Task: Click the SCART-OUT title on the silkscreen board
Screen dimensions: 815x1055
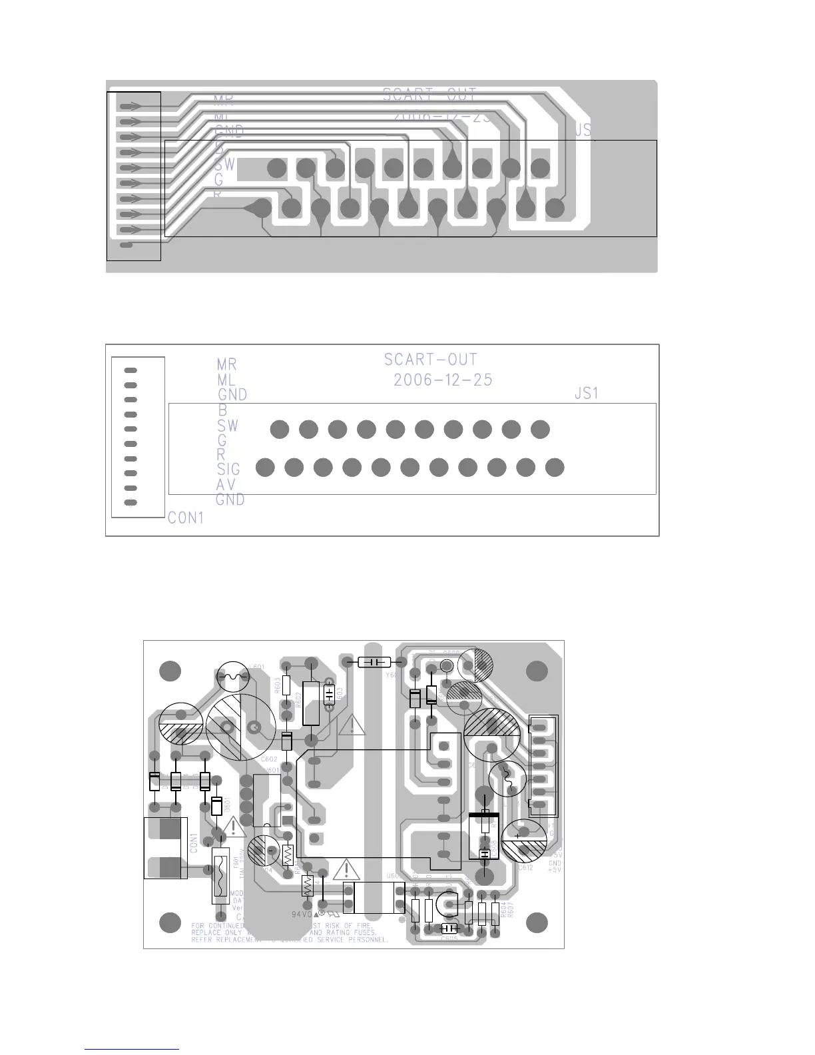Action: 430,360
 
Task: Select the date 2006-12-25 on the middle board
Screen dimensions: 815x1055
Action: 443,380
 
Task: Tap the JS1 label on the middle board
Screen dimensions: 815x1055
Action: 587,394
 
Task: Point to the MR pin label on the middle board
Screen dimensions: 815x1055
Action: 226,364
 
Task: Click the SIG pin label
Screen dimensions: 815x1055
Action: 228,470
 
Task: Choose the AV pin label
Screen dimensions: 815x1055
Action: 226,485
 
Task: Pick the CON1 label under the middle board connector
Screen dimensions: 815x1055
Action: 186,518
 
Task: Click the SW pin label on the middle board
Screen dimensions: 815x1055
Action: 228,426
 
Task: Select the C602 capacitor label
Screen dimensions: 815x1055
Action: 268,759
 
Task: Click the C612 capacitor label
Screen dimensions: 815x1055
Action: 525,868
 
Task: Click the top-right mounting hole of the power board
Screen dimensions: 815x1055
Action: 537,671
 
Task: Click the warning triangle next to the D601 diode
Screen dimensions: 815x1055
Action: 234,827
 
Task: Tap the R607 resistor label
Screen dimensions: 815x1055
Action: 510,909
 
